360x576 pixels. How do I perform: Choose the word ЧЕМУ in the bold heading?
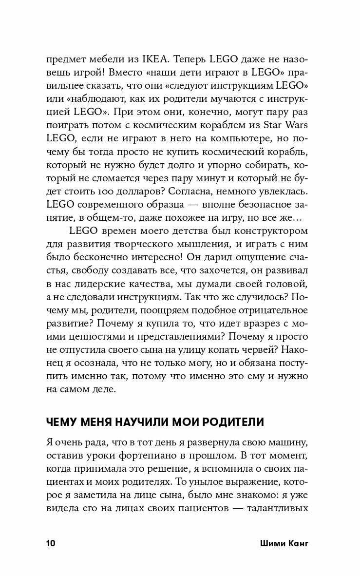[62, 422]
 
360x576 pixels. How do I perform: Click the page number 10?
[51, 543]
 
